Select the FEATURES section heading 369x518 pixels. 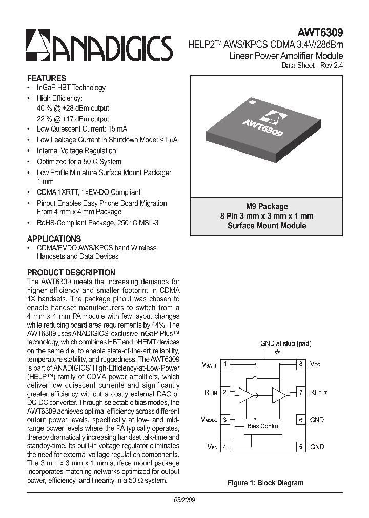coord(46,78)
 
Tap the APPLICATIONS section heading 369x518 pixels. coord(54,239)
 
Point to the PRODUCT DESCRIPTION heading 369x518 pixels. coord(71,272)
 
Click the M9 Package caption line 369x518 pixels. coord(266,206)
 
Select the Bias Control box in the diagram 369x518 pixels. coord(263,426)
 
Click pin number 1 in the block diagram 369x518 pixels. coord(225,364)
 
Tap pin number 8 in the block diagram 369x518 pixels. coord(301,364)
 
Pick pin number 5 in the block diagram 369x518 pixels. coord(301,447)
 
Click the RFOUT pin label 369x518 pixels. coord(318,392)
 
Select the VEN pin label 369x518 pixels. coord(213,447)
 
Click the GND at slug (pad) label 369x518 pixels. coord(285,343)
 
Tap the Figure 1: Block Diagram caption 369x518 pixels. coord(265,483)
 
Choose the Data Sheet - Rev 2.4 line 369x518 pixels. coord(312,65)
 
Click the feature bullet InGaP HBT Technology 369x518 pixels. coord(71,88)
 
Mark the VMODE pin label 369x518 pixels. coord(209,420)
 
